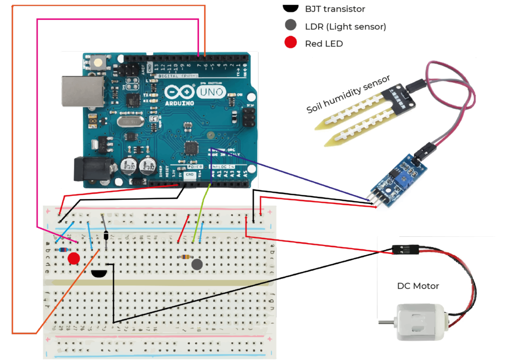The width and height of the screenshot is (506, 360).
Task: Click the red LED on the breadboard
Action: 74,258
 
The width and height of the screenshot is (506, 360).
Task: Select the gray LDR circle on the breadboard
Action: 197,265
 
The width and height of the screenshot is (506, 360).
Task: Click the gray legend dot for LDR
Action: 291,26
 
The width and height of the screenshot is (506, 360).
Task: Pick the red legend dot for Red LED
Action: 291,43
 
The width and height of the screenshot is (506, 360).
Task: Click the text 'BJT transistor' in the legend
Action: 336,9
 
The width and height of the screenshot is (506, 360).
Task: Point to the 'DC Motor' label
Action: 418,286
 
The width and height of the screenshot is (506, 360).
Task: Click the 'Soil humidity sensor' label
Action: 348,94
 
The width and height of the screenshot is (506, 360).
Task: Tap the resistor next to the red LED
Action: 63,250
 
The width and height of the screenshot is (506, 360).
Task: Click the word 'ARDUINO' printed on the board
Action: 177,103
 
